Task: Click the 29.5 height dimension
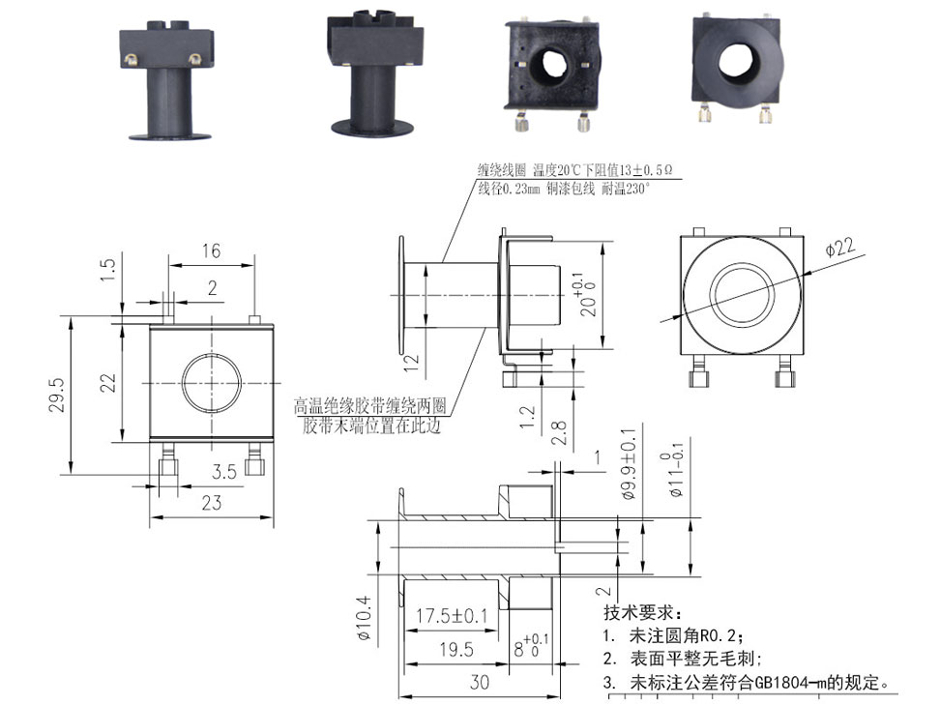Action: click(57, 395)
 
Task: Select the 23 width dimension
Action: click(212, 502)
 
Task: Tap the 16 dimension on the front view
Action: click(211, 251)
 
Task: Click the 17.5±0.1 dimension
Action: click(452, 616)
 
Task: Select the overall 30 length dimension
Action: click(479, 681)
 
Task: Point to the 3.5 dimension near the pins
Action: click(224, 472)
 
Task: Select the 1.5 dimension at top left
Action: click(107, 269)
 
